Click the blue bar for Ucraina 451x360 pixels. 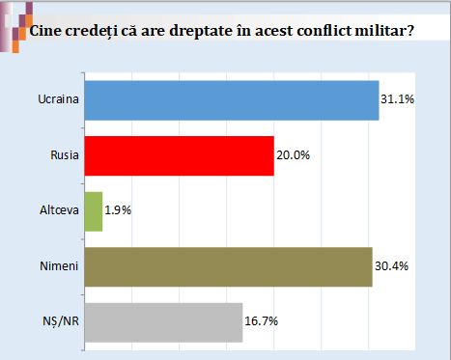232,100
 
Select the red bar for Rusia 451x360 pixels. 180,156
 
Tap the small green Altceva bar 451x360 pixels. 94,211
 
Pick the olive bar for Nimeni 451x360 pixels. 229,267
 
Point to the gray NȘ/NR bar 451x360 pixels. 163,322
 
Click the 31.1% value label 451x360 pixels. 397,99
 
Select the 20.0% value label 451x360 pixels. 293,155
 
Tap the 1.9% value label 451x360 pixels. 118,210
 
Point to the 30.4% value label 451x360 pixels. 391,266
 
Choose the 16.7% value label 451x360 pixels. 261,321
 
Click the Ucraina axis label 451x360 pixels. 58,99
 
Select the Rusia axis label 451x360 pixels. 65,155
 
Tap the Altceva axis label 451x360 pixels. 59,210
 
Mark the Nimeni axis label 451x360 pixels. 59,266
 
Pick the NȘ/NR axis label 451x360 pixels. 61,321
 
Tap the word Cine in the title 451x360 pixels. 45,31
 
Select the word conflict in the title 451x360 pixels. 324,31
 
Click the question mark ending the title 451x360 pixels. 409,31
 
